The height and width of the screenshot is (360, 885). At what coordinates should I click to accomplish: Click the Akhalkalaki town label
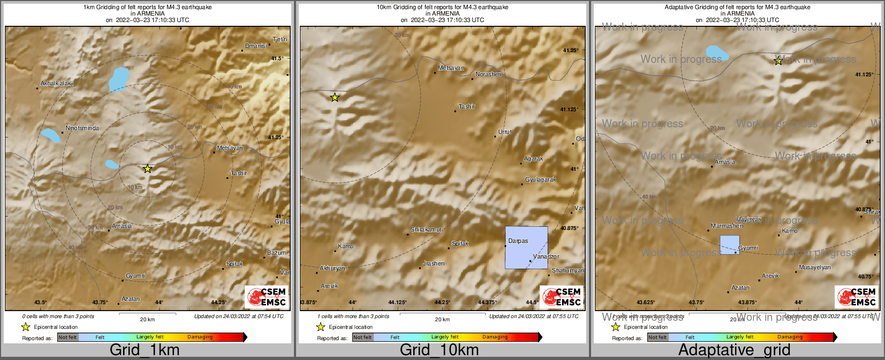pos(57,83)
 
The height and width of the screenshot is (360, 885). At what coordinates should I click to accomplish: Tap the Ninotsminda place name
pos(82,128)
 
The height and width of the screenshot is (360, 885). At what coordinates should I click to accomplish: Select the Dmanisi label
pos(256,46)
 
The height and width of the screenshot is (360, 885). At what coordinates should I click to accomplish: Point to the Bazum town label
pos(276,253)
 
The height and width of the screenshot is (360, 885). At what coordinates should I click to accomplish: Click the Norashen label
pos(488,74)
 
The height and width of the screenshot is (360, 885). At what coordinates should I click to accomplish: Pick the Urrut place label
pos(505,132)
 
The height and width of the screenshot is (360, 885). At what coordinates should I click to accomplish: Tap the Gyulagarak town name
pos(541,180)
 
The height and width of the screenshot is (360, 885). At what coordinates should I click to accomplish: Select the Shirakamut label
pos(426,230)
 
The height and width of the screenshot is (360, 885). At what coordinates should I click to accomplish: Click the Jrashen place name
pos(434,264)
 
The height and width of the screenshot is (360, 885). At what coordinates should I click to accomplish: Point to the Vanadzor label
pos(546,257)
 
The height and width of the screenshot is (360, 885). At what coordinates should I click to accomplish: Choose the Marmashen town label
pos(727,226)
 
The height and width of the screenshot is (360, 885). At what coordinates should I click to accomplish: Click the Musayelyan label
pos(815,267)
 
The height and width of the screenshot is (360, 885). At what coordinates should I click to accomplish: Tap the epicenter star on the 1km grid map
pos(148,169)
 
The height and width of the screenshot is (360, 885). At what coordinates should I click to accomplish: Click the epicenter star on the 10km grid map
pos(335,97)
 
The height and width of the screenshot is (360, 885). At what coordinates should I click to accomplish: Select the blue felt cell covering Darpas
pos(527,248)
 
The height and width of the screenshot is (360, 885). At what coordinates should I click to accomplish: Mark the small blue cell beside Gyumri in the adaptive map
pos(729,244)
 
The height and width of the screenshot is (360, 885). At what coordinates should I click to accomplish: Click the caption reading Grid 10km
pos(439,350)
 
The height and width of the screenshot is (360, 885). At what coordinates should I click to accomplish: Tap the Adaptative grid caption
pos(734,350)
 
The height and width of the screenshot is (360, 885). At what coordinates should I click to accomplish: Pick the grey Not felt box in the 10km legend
pos(363,337)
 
